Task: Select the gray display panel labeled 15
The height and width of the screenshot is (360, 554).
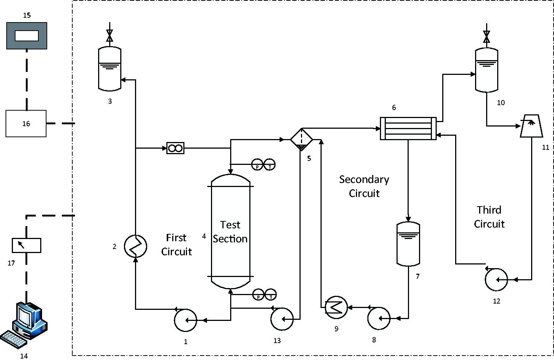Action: pyautogui.click(x=27, y=36)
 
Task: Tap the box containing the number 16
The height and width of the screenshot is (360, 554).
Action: pyautogui.click(x=26, y=123)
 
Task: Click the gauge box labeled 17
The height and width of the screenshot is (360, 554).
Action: pyautogui.click(x=27, y=245)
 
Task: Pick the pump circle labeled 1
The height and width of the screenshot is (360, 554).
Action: pyautogui.click(x=186, y=320)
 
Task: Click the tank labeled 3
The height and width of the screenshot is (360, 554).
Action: pyautogui.click(x=110, y=69)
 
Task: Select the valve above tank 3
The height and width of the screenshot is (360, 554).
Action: pyautogui.click(x=110, y=36)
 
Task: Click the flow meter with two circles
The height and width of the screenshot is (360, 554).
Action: pyautogui.click(x=175, y=148)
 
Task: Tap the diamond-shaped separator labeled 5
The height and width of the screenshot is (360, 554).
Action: pyautogui.click(x=301, y=139)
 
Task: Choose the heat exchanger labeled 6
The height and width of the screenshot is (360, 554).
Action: pyautogui.click(x=408, y=128)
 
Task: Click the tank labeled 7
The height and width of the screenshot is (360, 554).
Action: pyautogui.click(x=408, y=244)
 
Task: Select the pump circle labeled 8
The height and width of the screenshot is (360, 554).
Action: pyautogui.click(x=379, y=318)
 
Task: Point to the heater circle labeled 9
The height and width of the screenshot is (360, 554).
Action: pyautogui.click(x=336, y=308)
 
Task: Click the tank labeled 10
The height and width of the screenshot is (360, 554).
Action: pyautogui.click(x=487, y=70)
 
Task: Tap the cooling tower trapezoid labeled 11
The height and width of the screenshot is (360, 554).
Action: pyautogui.click(x=532, y=126)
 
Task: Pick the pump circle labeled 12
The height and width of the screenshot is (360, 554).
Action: pyautogui.click(x=496, y=280)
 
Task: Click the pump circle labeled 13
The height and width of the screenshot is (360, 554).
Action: pyautogui.click(x=282, y=319)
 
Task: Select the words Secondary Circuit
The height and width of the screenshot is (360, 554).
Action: pyautogui.click(x=364, y=186)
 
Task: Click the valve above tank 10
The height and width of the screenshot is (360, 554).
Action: pyautogui.click(x=487, y=37)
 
